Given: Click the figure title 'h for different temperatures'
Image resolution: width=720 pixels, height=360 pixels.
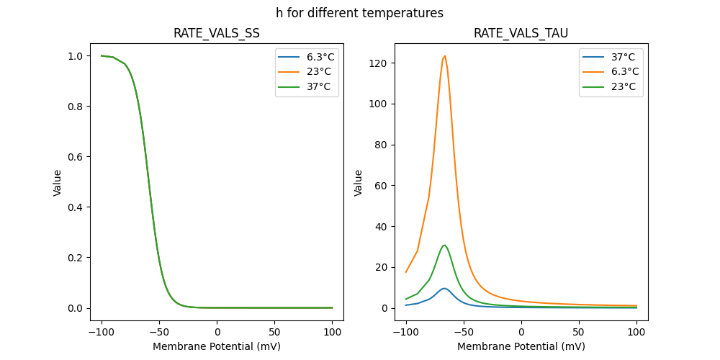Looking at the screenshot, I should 359,13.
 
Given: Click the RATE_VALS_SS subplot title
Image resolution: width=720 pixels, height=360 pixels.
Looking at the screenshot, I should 216,33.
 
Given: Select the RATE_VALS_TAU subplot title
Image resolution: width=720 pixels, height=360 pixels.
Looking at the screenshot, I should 521,33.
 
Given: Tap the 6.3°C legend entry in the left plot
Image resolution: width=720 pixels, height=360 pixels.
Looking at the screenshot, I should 320,57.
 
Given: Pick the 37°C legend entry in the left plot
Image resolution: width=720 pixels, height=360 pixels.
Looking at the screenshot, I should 318,86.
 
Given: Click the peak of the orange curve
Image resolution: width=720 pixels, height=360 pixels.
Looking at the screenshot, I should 445,55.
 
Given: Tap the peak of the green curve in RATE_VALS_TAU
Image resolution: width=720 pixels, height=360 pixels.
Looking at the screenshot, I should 445,245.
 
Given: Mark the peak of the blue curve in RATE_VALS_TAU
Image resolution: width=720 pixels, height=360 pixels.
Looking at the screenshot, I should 445,288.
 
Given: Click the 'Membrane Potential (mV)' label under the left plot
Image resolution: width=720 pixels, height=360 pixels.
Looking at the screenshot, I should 216,346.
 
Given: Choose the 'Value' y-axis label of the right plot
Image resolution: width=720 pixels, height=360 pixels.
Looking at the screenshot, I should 358,183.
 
